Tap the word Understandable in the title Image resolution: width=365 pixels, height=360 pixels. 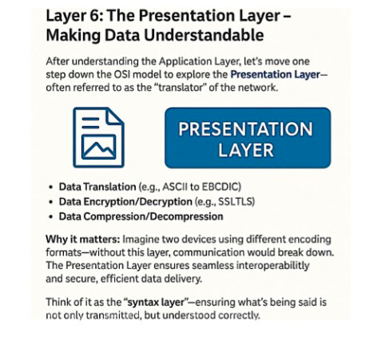204,35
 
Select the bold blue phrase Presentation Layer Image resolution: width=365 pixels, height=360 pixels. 276,75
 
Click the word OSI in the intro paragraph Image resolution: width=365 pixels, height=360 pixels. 122,74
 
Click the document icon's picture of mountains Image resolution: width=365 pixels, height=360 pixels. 99,147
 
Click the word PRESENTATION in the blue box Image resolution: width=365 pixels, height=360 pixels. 245,129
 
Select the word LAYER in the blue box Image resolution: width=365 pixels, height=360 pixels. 246,150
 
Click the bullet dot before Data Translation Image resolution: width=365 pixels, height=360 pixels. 51,188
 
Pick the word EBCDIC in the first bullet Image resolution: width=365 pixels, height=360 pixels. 220,187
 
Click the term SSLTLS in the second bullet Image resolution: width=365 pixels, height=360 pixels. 235,202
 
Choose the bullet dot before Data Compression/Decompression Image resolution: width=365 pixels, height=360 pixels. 51,217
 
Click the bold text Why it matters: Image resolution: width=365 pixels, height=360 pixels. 83,239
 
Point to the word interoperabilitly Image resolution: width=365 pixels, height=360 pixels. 273,266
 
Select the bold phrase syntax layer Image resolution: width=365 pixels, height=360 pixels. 157,303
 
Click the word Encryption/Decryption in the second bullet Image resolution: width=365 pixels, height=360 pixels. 137,202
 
